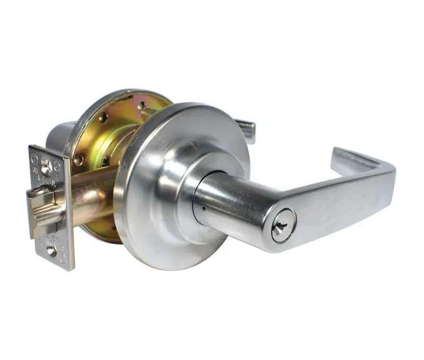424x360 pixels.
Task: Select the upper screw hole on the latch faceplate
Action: pyautogui.click(x=47, y=167)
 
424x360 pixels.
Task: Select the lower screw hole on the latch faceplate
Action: pyautogui.click(x=52, y=251)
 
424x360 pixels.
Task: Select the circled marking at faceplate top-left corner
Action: pyautogui.click(x=34, y=157)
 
